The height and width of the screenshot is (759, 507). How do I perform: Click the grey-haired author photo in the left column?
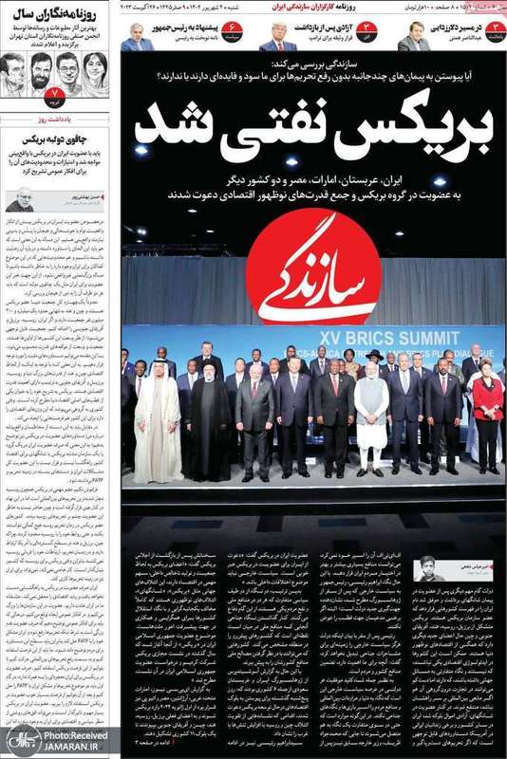[x=20, y=198]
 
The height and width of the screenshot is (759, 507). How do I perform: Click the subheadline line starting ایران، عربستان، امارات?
[x=313, y=177]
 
